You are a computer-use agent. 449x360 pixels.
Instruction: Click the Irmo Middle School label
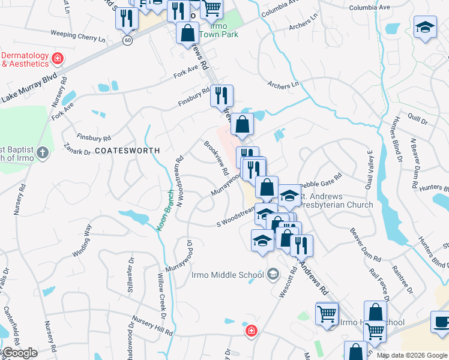tap(228, 275)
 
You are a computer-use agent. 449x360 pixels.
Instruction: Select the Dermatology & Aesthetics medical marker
tap(58, 59)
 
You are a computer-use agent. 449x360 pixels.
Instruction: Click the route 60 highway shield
tap(128, 40)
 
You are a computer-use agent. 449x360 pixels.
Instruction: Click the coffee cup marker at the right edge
tap(442, 322)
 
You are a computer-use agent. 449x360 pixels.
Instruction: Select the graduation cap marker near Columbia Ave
tap(425, 28)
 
